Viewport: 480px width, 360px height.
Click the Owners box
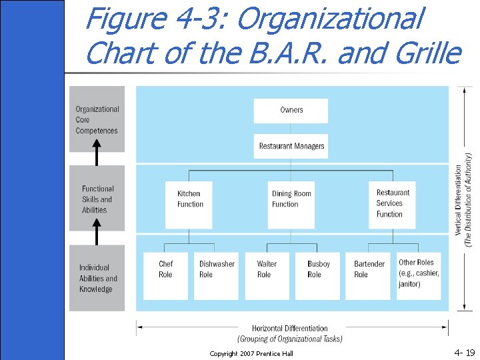click(x=291, y=111)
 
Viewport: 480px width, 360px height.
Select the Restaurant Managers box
click(x=291, y=146)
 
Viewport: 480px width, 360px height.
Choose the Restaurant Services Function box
click(x=391, y=203)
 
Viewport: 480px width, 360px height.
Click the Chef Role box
click(x=165, y=275)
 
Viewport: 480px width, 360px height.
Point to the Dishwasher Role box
click(x=216, y=275)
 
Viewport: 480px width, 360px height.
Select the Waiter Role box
click(x=267, y=275)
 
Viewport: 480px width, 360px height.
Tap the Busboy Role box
click(x=318, y=275)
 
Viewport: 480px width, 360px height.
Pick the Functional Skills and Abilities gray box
click(x=97, y=199)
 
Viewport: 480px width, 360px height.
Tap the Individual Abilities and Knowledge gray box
click(x=97, y=278)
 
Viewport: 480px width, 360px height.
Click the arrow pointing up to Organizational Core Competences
click(x=97, y=156)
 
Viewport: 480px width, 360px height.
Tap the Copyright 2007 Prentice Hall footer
click(x=251, y=353)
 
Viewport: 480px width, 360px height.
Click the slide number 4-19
click(x=464, y=351)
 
